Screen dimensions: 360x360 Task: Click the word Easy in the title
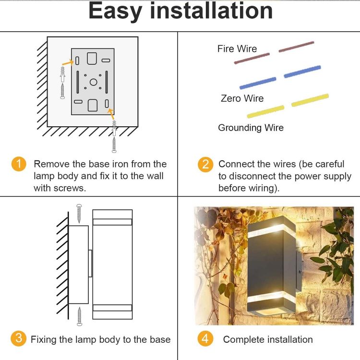(x=115, y=12)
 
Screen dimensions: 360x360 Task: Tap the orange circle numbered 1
(x=19, y=164)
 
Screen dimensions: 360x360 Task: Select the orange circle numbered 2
(x=205, y=164)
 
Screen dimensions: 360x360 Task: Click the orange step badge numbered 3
(x=18, y=338)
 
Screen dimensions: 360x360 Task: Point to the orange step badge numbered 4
(x=205, y=338)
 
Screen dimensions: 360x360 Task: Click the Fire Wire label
(x=237, y=48)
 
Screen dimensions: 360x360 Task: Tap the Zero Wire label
(x=242, y=98)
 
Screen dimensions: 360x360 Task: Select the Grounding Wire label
(x=251, y=128)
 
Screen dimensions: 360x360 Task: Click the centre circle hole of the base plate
(x=93, y=82)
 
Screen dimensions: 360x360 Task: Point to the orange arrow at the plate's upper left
(x=68, y=62)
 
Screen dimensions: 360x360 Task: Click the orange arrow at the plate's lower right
(x=111, y=114)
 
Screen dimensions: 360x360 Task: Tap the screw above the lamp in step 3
(x=79, y=213)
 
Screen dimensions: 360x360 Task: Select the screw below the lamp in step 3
(x=79, y=316)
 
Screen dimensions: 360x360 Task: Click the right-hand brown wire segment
(x=296, y=47)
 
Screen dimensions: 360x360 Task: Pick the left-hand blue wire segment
(x=258, y=83)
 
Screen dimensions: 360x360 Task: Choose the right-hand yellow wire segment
(x=310, y=100)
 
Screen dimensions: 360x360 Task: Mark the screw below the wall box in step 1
(x=114, y=144)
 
